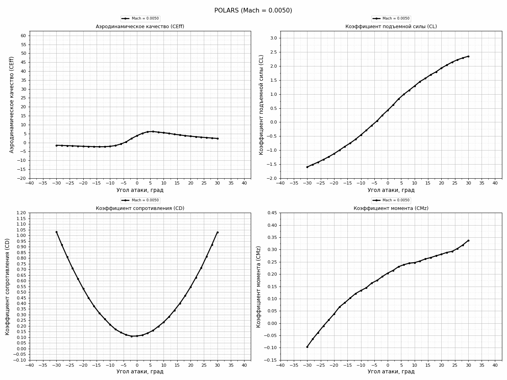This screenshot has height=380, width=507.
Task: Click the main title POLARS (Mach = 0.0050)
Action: (253, 11)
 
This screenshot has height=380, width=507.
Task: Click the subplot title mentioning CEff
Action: (140, 27)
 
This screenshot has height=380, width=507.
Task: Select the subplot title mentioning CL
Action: (391, 27)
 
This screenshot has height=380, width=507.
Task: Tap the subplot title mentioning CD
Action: (140, 208)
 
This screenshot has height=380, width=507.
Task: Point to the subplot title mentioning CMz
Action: (391, 208)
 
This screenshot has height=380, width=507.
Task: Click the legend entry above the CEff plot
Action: (140, 19)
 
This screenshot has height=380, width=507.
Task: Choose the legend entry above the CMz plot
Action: (391, 200)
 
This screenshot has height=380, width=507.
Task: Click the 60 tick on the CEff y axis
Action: (23, 36)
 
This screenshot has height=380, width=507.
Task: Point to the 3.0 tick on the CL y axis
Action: (273, 38)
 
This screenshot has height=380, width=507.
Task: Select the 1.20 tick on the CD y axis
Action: (21, 213)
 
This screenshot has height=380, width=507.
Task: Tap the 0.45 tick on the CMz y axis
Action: (271, 213)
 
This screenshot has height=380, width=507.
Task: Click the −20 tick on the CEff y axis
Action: (22, 178)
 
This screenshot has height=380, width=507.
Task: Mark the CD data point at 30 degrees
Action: (218, 232)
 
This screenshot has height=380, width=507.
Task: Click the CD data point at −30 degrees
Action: (56, 232)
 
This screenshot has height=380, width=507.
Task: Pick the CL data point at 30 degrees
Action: (468, 56)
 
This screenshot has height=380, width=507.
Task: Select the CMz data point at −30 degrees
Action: (307, 347)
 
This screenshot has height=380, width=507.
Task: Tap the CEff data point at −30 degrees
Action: (56, 145)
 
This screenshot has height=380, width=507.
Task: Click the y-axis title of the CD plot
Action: (7, 286)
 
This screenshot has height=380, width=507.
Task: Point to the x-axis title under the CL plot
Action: (391, 190)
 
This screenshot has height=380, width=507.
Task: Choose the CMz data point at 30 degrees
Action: (468, 240)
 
